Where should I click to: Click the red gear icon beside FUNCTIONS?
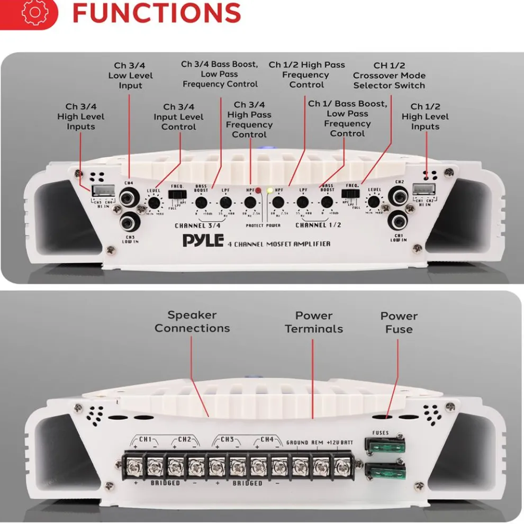coord(33,14)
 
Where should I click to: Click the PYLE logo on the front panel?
coord(203,241)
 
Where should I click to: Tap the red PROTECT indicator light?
coord(258,191)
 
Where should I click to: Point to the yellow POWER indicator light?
coord(270,191)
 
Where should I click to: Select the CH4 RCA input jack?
coord(129,198)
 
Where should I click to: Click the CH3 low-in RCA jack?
coord(129,220)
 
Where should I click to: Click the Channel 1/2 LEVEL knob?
coord(374,202)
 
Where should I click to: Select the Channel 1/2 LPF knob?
coord(303,202)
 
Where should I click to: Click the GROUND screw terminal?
coord(300,467)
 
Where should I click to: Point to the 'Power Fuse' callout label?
coord(399,322)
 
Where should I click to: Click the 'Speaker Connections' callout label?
coord(192,321)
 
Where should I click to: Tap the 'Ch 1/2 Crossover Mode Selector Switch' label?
coord(389,75)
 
